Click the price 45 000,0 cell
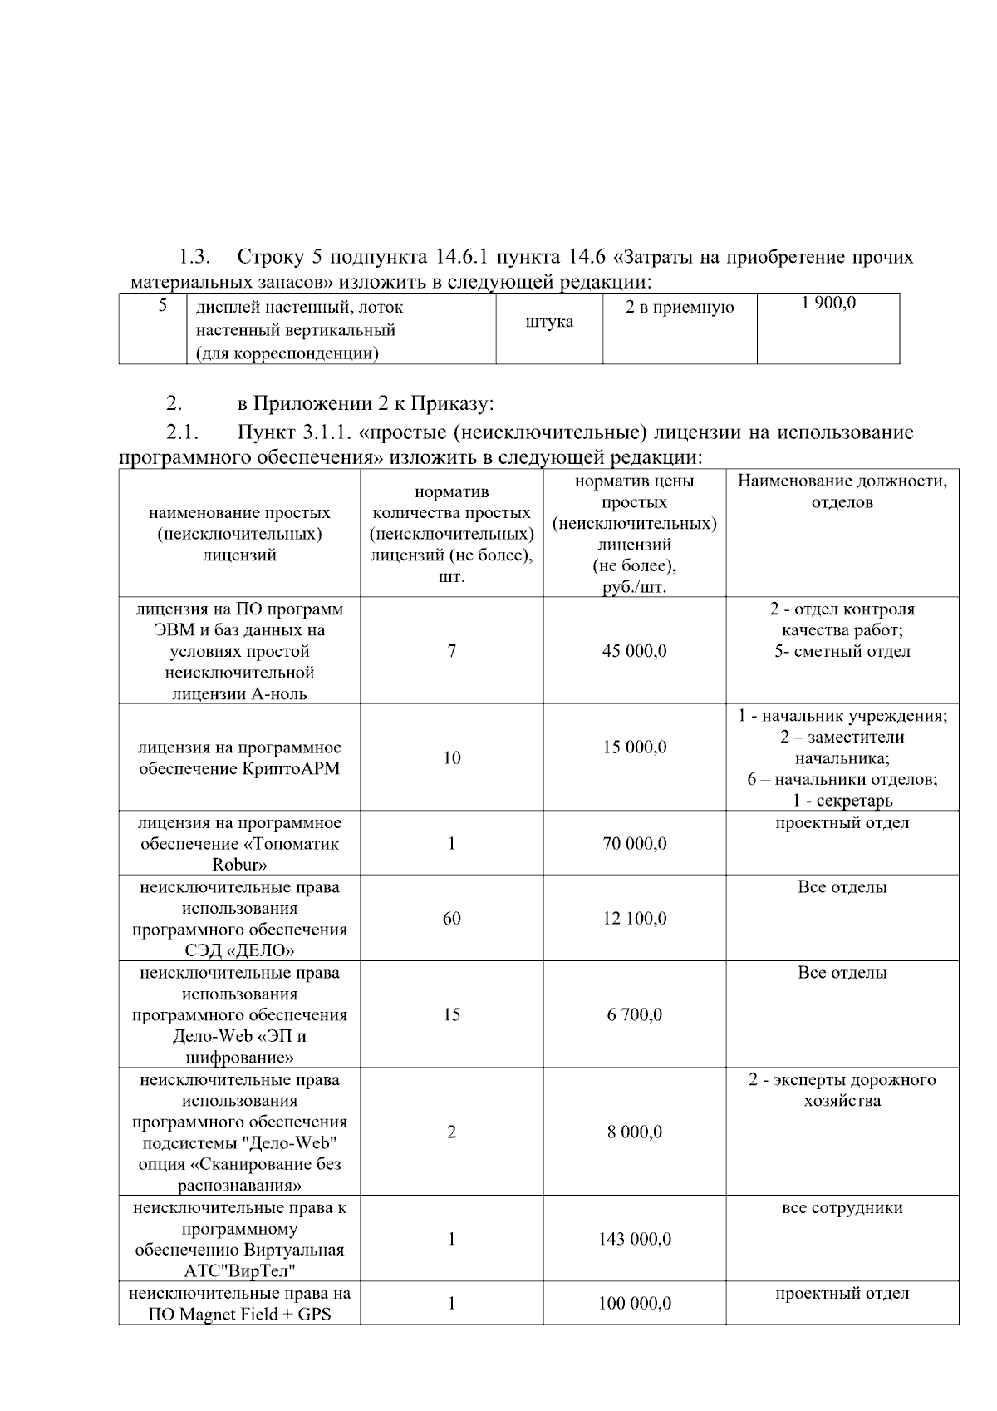tap(634, 651)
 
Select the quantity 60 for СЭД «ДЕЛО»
tap(451, 919)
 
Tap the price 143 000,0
tap(634, 1240)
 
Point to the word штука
tap(549, 322)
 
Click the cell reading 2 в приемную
tap(679, 308)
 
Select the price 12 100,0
tap(634, 919)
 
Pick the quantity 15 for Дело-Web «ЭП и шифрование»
tap(451, 1014)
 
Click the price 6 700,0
tap(634, 1014)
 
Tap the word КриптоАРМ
tap(292, 769)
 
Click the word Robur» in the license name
tap(239, 865)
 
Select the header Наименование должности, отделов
tap(842, 491)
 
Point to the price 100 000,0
tap(634, 1304)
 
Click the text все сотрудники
tap(842, 1208)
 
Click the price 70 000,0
tap(634, 844)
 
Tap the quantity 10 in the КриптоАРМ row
tap(451, 758)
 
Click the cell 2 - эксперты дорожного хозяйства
tap(842, 1090)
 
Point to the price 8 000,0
tap(634, 1132)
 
